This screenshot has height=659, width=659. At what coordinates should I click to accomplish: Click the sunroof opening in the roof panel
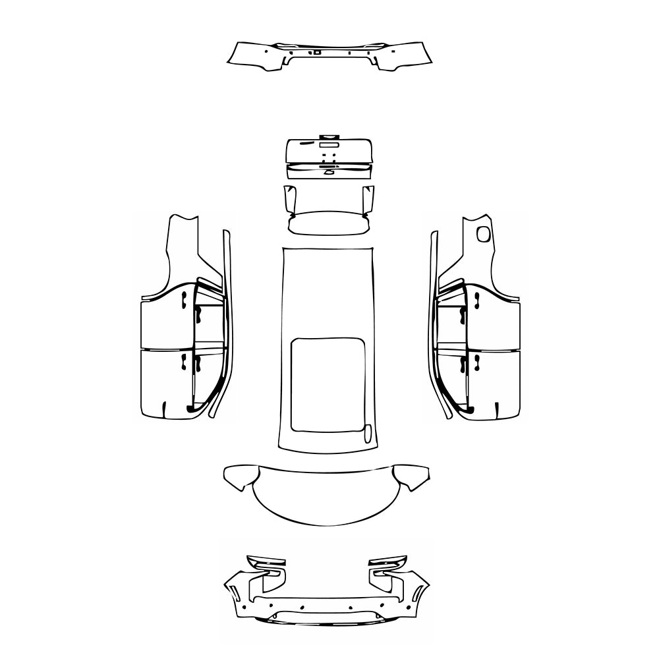(x=328, y=384)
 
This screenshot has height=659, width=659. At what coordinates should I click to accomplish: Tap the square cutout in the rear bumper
(x=317, y=51)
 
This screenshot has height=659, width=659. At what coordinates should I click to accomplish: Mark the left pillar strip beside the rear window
(x=288, y=200)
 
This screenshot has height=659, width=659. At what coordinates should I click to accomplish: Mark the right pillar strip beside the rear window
(x=368, y=200)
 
